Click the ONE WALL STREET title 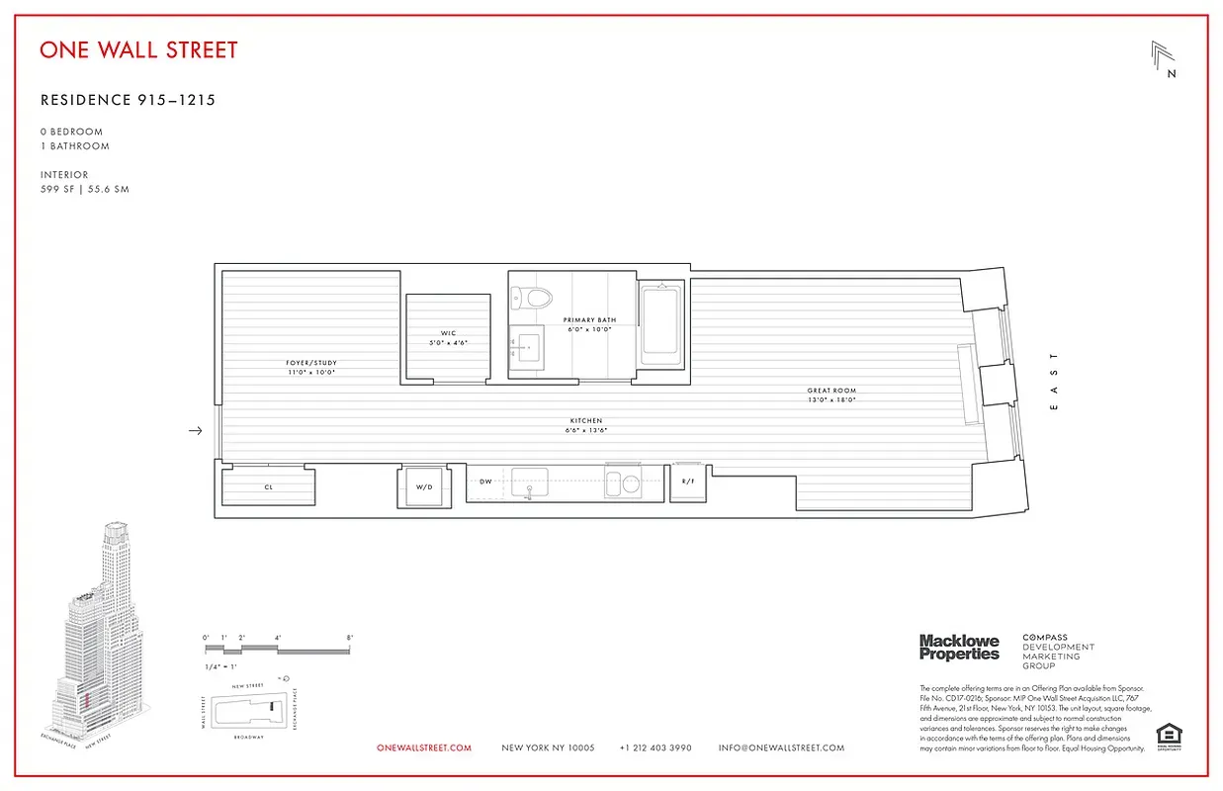click(x=138, y=49)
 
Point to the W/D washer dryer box click(x=423, y=486)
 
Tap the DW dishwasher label click(x=485, y=482)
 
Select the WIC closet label click(x=448, y=333)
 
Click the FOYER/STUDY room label click(x=311, y=363)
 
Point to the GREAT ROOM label click(x=830, y=391)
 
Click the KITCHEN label click(x=585, y=420)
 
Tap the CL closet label click(x=268, y=487)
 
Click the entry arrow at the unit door click(x=196, y=430)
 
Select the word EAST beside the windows click(x=1054, y=380)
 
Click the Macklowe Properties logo click(x=959, y=648)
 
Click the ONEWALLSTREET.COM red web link click(x=424, y=748)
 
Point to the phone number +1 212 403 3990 click(x=655, y=748)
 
